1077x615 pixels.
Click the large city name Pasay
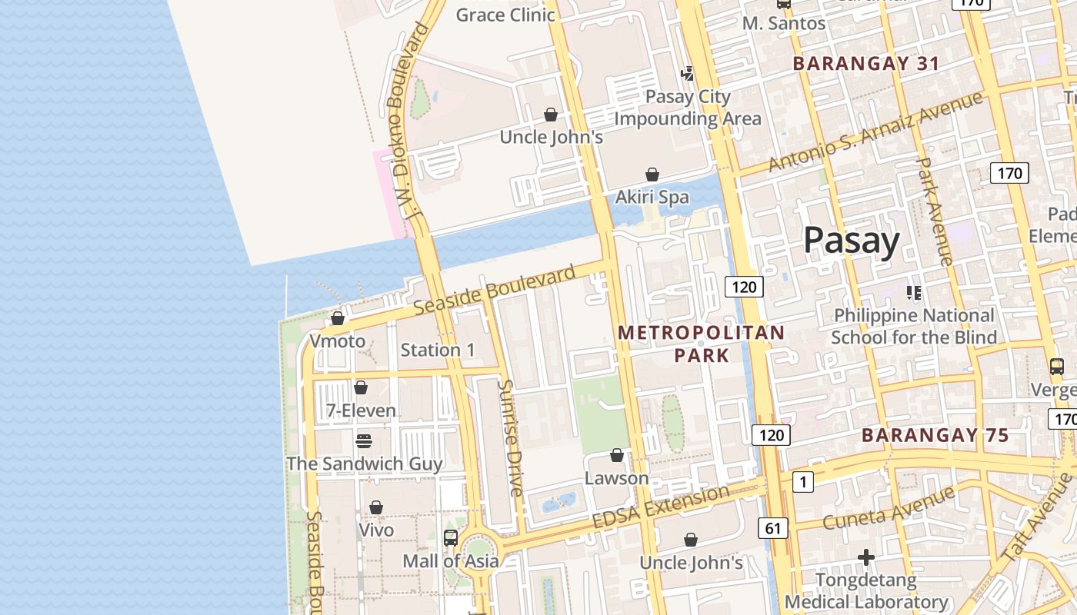(851, 241)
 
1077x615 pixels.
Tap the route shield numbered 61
(772, 528)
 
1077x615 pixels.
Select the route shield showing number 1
(802, 482)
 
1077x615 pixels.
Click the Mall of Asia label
(451, 561)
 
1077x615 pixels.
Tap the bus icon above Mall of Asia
(451, 538)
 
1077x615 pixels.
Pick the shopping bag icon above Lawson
(616, 456)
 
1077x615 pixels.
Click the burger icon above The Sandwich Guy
(364, 441)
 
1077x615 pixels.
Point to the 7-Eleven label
(361, 411)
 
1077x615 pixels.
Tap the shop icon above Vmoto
(337, 318)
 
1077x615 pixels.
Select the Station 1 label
(438, 351)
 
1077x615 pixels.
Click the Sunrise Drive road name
(511, 437)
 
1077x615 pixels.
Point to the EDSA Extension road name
(660, 507)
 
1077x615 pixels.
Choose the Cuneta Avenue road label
(889, 507)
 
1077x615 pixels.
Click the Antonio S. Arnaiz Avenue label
(875, 131)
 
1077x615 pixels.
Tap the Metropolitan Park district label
(701, 344)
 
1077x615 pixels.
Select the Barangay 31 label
(866, 64)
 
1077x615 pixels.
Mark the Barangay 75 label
(935, 436)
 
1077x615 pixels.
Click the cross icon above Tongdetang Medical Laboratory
(866, 557)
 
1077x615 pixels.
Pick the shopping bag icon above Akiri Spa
(652, 175)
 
